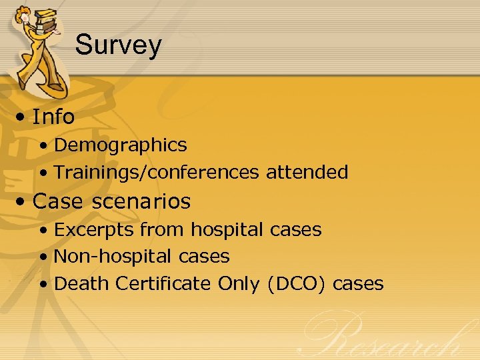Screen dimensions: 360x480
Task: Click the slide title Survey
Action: pyautogui.click(x=118, y=45)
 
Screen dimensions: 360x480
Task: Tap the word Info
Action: pyautogui.click(x=53, y=117)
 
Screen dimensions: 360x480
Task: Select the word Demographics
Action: pyautogui.click(x=120, y=145)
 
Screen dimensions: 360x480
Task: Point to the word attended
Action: pyautogui.click(x=307, y=173)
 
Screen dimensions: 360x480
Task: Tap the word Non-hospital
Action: pyautogui.click(x=103, y=256)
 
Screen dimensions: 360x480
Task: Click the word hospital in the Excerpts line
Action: pyautogui.click(x=228, y=230)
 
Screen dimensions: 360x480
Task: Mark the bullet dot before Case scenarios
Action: pyautogui.click(x=23, y=202)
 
